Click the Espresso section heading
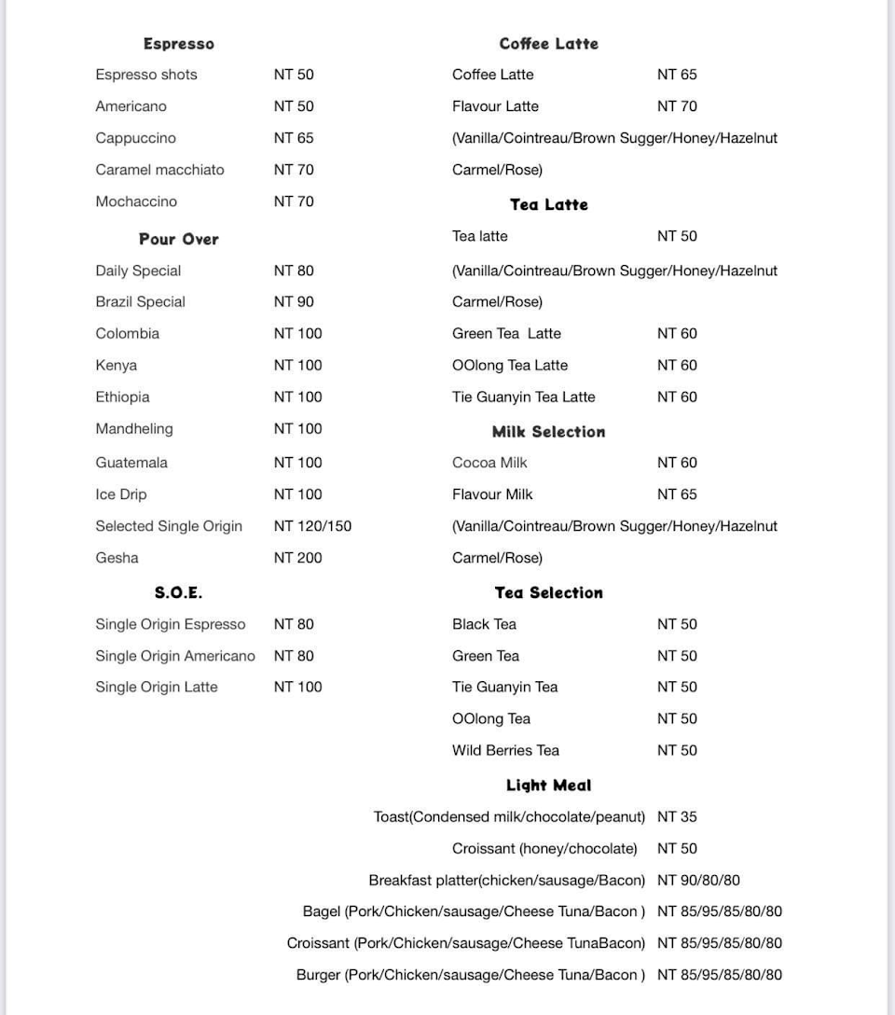[178, 44]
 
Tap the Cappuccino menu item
[135, 138]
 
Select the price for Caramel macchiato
[294, 170]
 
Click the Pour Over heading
[178, 240]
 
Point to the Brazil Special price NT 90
[294, 302]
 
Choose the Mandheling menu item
[133, 429]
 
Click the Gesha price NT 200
[297, 558]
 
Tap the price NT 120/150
[312, 526]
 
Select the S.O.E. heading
[178, 593]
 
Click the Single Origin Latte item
[156, 688]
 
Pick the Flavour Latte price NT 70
[677, 106]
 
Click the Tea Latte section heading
[548, 205]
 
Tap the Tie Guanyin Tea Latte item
[523, 397]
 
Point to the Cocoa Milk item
[489, 463]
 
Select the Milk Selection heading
[548, 432]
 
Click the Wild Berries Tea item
[505, 750]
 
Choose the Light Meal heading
[548, 786]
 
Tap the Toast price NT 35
[677, 817]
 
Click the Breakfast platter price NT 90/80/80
[698, 881]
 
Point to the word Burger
[318, 975]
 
